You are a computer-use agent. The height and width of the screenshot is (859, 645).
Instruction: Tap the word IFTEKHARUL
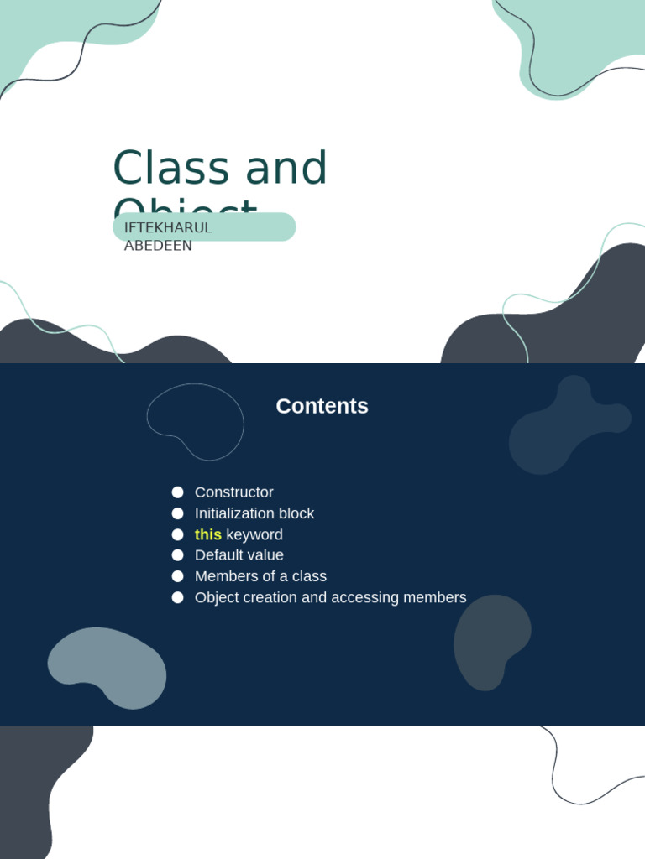168,227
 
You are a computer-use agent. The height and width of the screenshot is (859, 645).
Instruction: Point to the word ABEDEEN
158,246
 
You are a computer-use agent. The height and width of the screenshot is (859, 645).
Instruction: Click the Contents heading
322,406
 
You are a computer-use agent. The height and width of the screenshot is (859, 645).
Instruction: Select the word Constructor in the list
233,492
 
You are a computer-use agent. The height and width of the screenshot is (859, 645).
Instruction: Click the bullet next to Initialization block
177,513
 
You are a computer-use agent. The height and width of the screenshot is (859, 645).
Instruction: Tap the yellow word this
207,534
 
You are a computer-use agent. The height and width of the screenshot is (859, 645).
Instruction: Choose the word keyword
254,534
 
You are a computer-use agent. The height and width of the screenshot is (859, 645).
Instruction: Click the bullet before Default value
177,555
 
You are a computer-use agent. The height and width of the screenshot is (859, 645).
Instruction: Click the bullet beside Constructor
177,492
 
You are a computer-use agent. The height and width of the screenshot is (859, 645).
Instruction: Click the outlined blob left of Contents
196,420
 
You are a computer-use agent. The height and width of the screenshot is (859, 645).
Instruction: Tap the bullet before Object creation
177,597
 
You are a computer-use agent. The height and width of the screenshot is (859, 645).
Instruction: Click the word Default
217,555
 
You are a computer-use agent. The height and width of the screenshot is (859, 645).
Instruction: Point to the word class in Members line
309,576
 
